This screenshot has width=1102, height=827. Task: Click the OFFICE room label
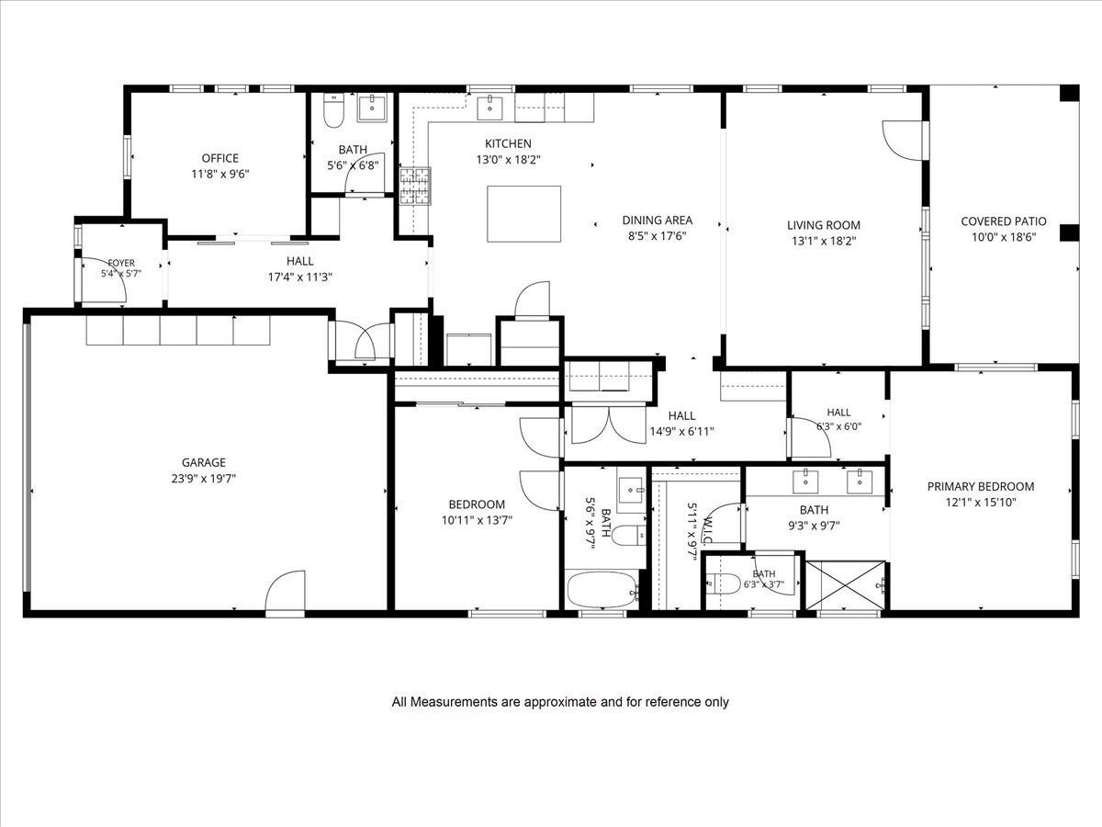[x=219, y=158]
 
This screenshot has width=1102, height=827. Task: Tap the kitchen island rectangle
[x=523, y=214]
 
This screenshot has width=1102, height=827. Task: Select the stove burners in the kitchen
[x=415, y=187]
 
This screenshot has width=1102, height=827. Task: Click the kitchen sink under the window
[x=489, y=108]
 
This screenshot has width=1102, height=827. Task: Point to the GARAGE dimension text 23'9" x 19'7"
[x=204, y=478]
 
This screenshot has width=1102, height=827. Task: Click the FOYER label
[x=121, y=263]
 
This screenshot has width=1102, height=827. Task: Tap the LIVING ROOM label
[x=824, y=225]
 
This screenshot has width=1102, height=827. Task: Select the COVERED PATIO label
[x=1004, y=221]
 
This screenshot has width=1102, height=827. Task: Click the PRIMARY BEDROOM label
[x=981, y=486]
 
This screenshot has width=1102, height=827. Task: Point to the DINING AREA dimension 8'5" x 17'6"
[x=658, y=236]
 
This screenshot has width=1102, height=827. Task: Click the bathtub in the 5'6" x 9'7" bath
[x=601, y=590]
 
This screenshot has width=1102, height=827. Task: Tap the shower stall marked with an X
[x=846, y=586]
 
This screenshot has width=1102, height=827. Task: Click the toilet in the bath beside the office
[x=333, y=110]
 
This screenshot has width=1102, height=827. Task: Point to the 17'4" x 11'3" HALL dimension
[x=300, y=277]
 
